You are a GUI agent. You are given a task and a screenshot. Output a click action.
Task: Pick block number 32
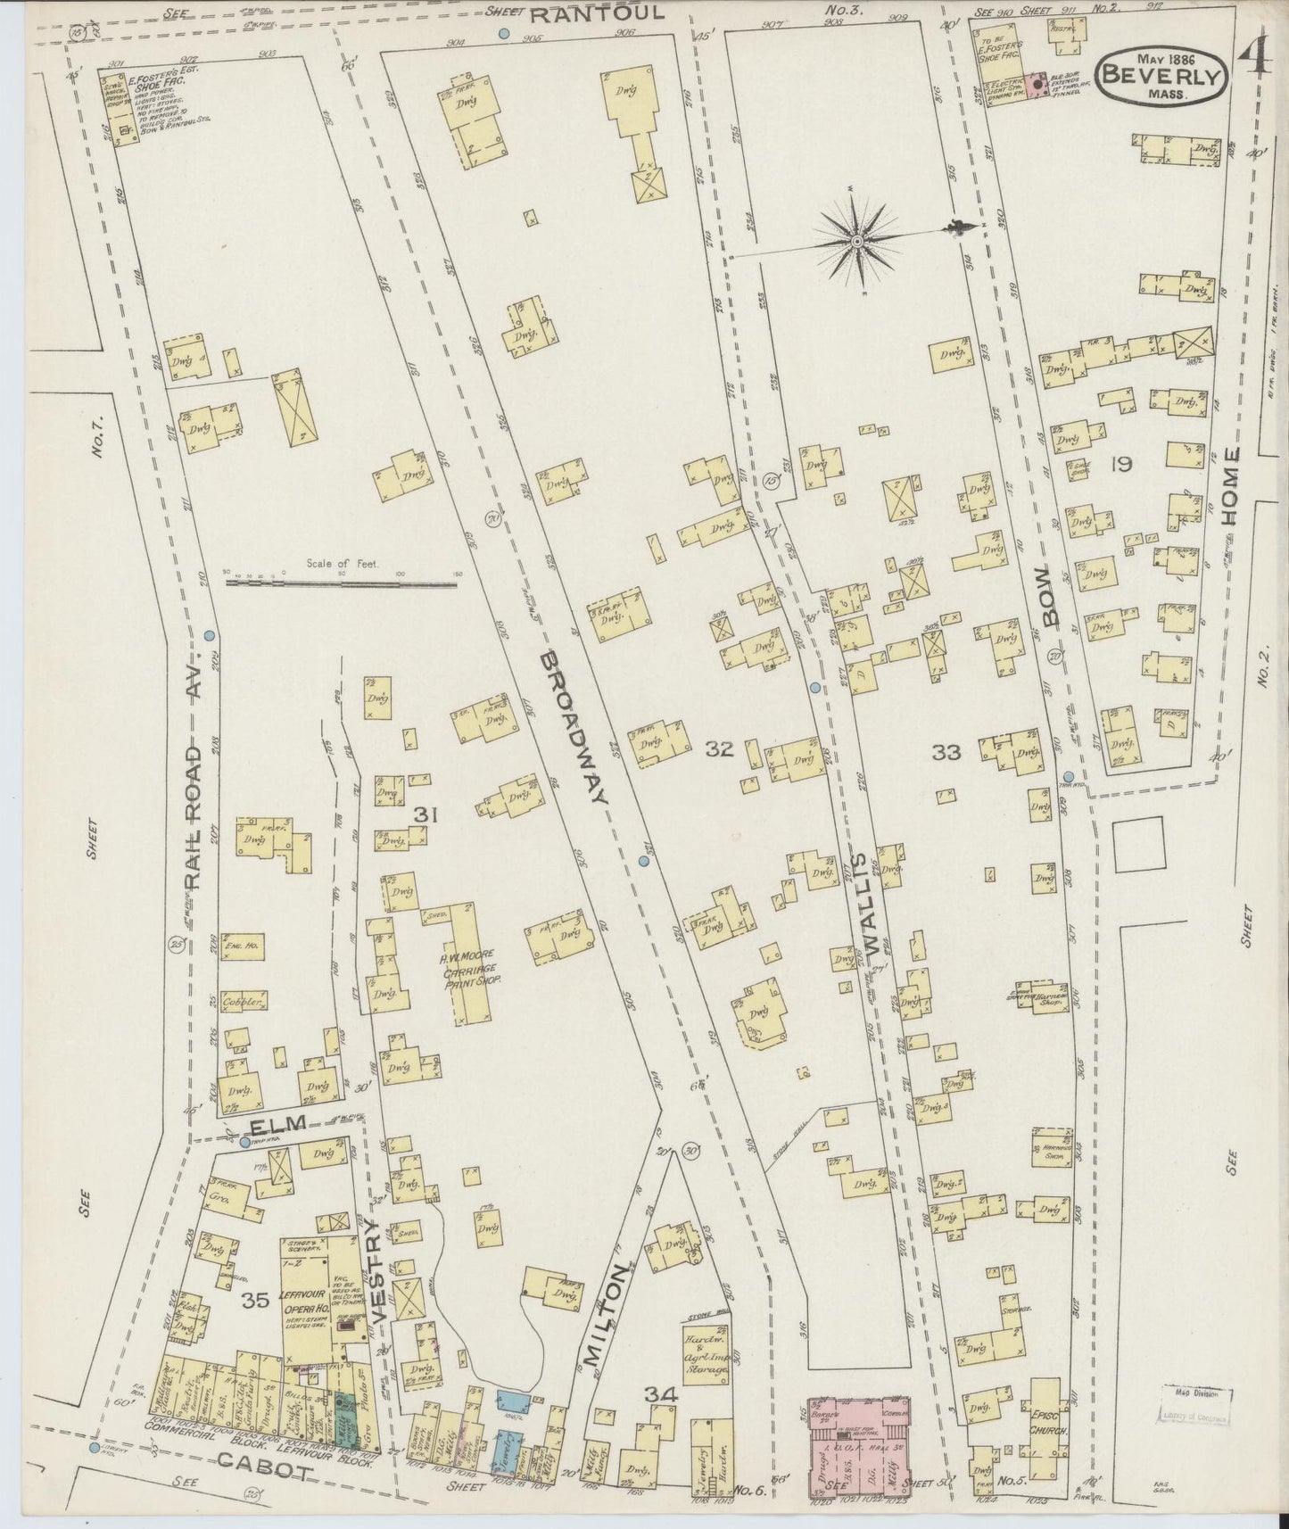point(718,749)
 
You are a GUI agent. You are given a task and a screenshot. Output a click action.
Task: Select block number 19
point(1121,464)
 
